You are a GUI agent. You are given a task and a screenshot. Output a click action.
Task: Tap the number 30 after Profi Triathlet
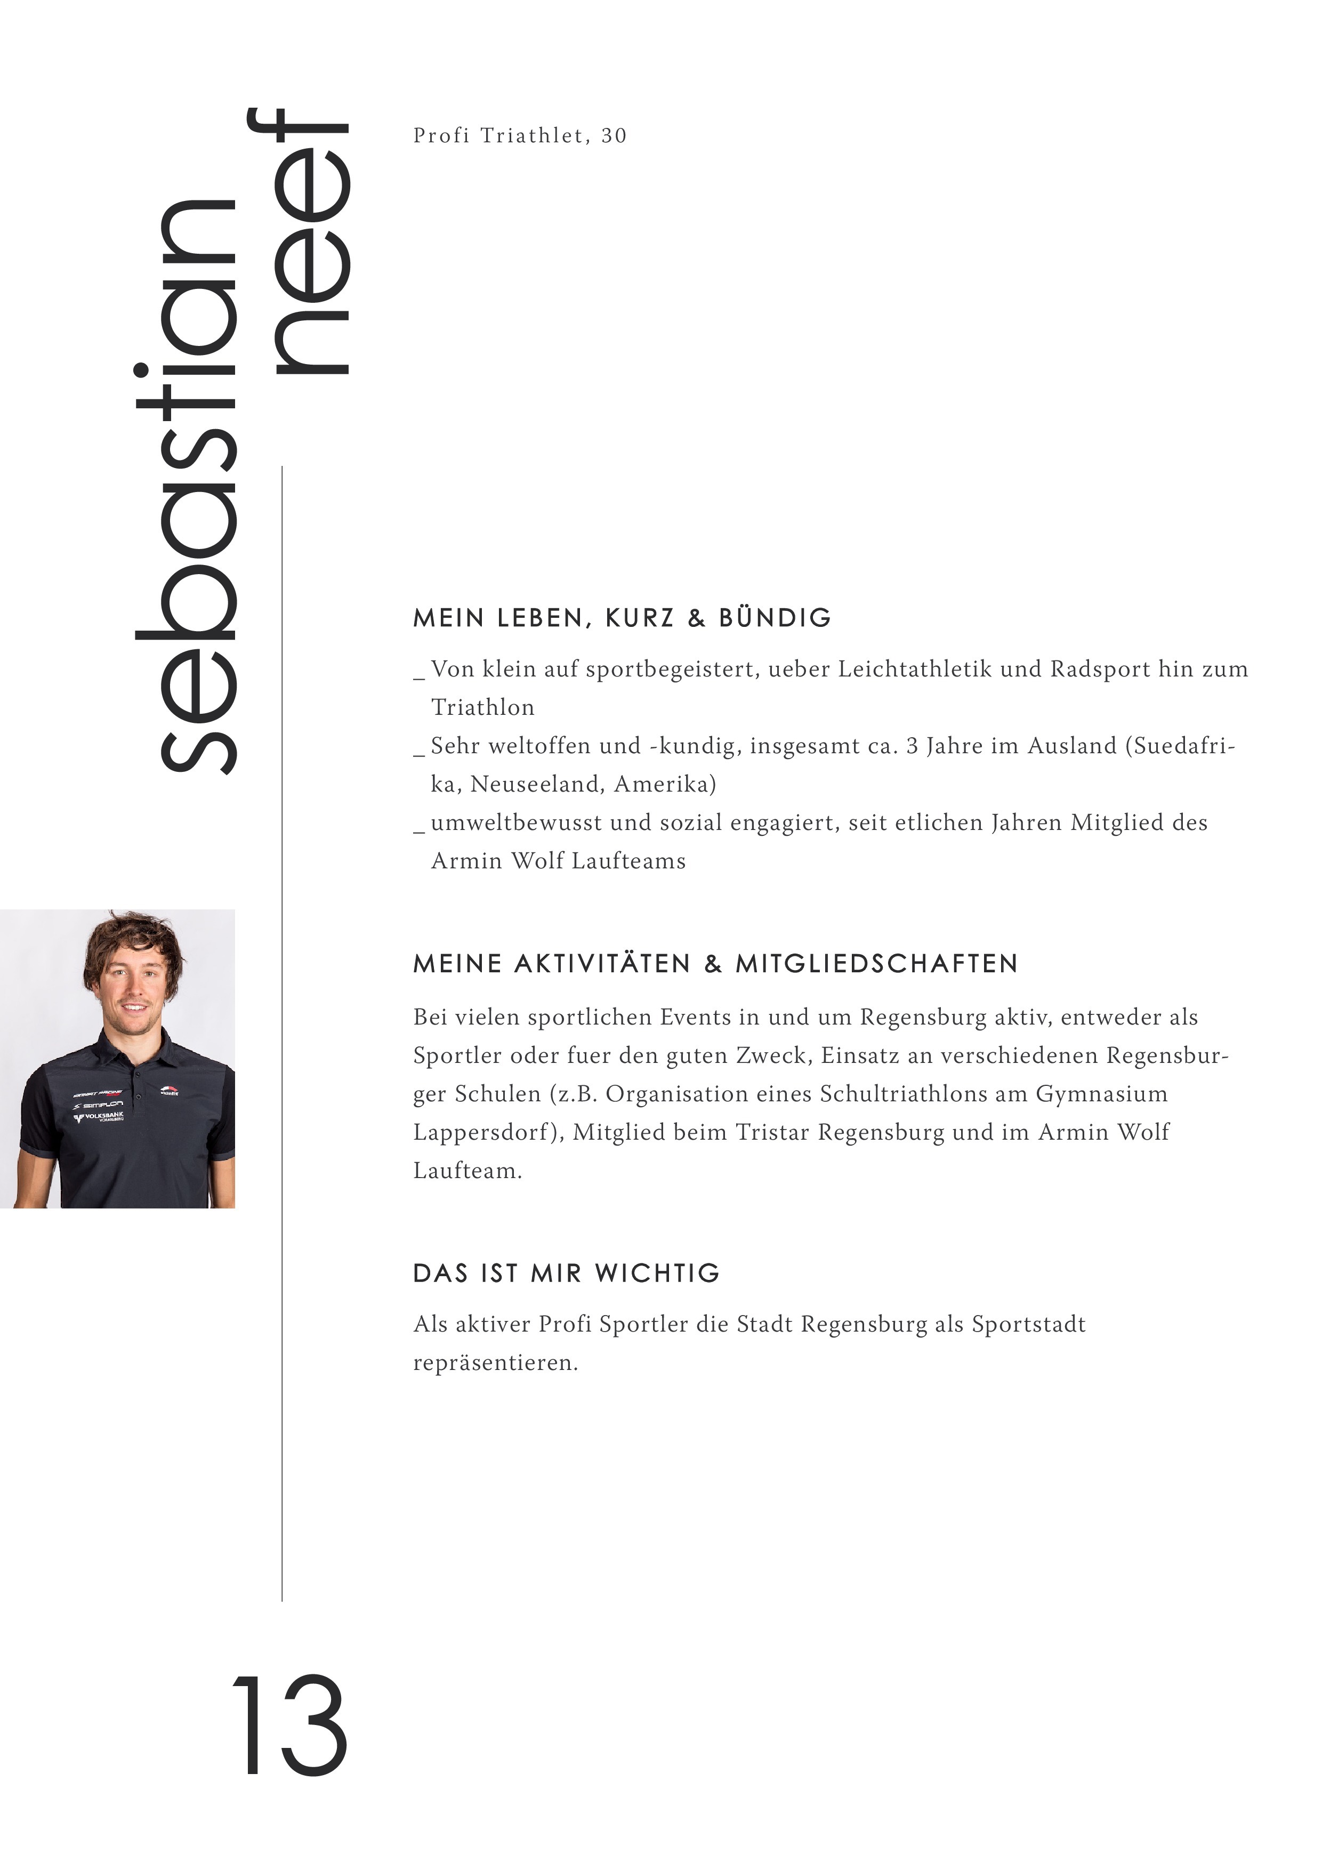[614, 135]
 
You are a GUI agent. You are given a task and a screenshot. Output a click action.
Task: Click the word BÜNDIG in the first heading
[775, 618]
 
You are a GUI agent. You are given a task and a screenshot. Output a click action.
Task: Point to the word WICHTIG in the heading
[657, 1273]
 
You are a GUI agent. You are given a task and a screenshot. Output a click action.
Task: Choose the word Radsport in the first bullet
[1088, 670]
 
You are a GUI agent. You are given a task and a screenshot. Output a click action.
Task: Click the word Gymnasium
[1101, 1094]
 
